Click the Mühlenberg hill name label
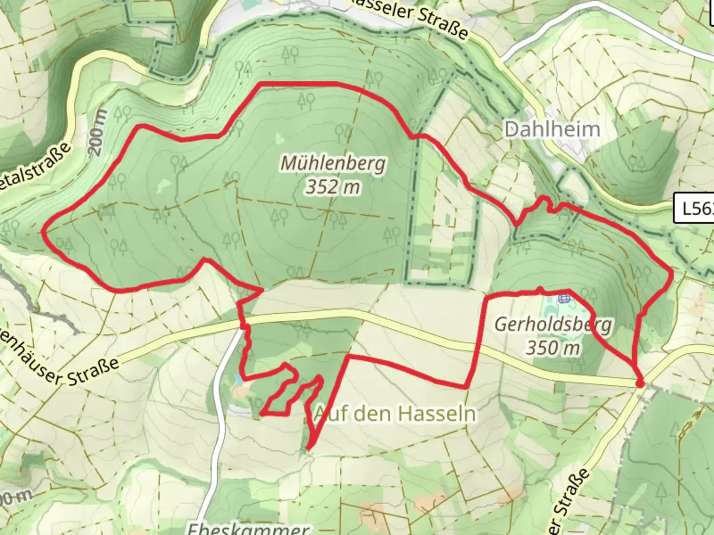[x=333, y=163]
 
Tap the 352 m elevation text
[x=333, y=187]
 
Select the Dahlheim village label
[x=552, y=130]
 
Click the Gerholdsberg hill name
[x=553, y=324]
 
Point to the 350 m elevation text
[x=553, y=348]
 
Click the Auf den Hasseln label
[x=395, y=413]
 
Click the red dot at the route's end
[x=640, y=383]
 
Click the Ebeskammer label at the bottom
[x=248, y=528]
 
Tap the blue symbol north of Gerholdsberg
[x=564, y=298]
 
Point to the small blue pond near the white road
[x=239, y=379]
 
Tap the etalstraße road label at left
[x=35, y=166]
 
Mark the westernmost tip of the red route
[x=44, y=231]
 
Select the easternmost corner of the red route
[x=672, y=273]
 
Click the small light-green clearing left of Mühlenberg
[x=164, y=186]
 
